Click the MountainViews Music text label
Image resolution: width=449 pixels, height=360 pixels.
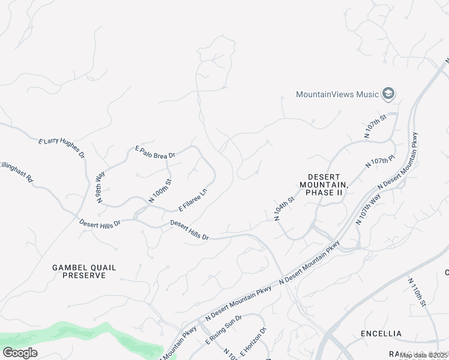337,94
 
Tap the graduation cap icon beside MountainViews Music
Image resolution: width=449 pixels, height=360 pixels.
389,94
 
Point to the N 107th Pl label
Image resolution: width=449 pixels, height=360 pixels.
379,161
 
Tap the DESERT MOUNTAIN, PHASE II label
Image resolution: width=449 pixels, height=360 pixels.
324,185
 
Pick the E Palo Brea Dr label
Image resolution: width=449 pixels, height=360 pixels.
155,152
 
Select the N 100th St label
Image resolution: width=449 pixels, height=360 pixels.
160,191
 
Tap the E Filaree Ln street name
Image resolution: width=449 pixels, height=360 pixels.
193,200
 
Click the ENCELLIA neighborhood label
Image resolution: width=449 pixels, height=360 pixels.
381,333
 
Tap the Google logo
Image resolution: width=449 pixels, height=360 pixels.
20,353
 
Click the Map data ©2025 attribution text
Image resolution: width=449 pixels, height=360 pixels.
423,356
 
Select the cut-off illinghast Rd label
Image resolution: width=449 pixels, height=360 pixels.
17,172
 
